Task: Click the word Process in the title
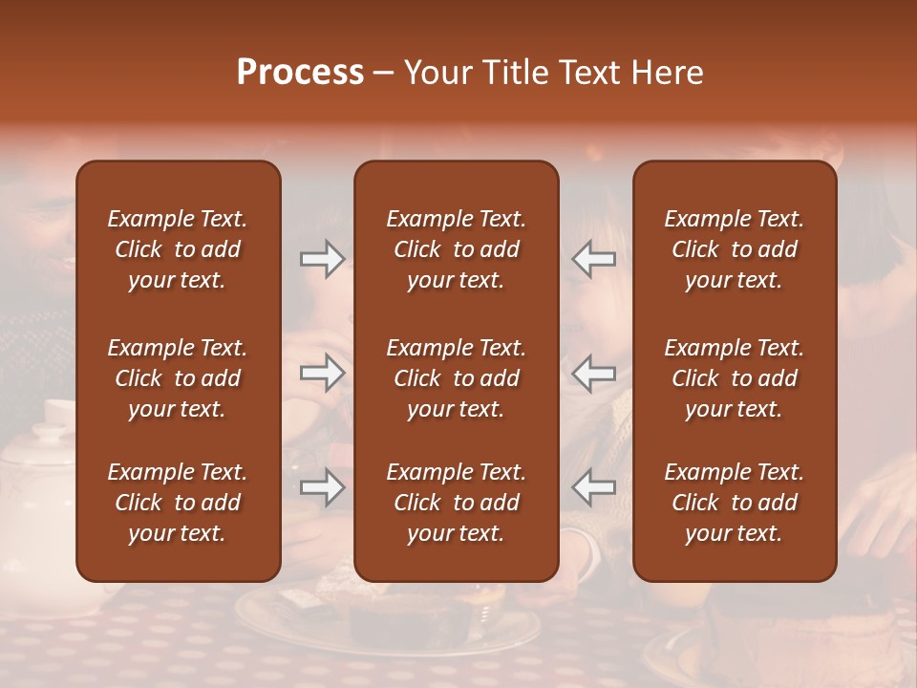coord(300,73)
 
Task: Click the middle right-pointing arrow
coord(322,373)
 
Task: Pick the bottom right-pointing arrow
coord(322,488)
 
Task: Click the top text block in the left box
coord(178,249)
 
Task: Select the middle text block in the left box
coord(178,378)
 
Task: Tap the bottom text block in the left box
coord(178,503)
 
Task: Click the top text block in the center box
coord(456,249)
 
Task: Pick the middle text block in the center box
coord(456,378)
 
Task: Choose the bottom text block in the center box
coord(456,503)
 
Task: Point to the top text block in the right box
coord(734,249)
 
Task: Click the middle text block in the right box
coord(734,378)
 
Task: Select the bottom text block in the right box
coord(734,503)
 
